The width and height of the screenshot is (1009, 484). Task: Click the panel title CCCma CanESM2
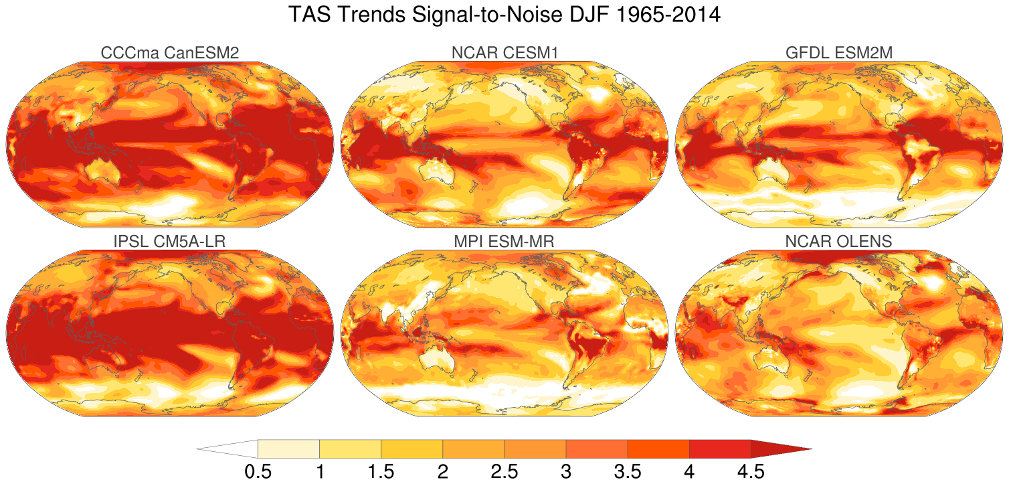(169, 53)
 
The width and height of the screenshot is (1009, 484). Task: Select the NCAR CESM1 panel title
(504, 53)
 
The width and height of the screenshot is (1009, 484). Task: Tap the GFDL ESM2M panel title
(839, 53)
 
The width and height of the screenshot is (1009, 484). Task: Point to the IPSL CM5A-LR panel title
(169, 242)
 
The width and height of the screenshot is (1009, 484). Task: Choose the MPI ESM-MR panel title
(504, 242)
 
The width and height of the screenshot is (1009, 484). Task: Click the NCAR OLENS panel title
(839, 242)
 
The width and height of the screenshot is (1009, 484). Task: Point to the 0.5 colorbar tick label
(258, 472)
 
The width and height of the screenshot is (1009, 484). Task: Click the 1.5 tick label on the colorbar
(381, 472)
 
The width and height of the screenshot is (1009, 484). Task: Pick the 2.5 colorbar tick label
(504, 472)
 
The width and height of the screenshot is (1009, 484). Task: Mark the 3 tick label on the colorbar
(565, 472)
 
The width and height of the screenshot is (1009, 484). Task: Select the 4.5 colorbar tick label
(750, 472)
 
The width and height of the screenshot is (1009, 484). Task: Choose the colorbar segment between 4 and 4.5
(719, 449)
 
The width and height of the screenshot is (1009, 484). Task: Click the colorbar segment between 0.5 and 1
(288, 449)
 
